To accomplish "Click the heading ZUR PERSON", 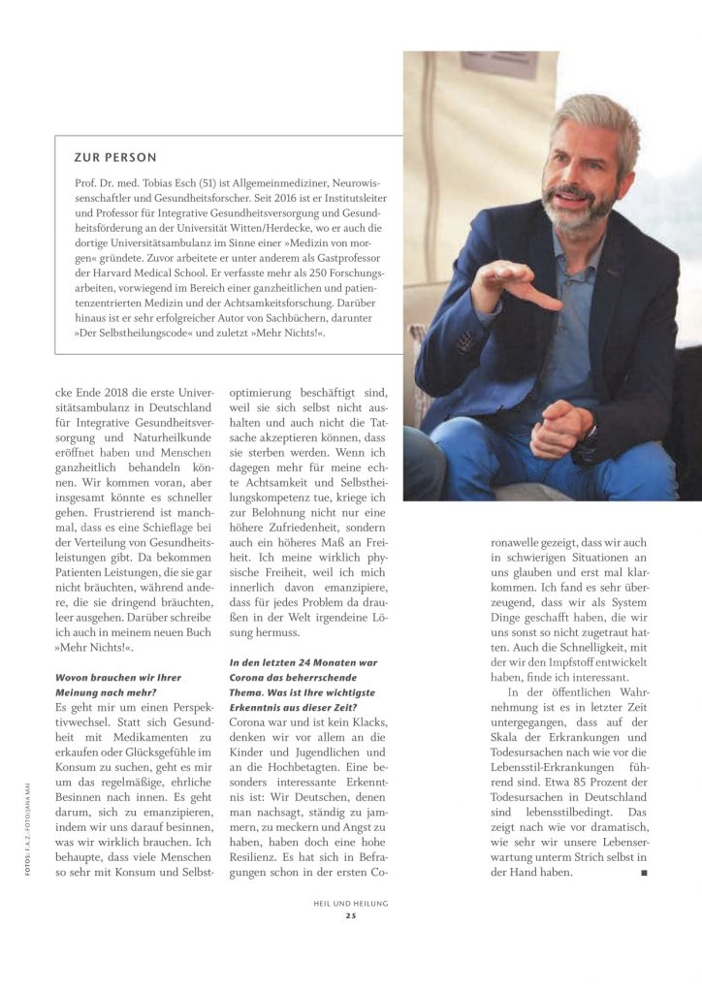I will (x=114, y=157).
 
